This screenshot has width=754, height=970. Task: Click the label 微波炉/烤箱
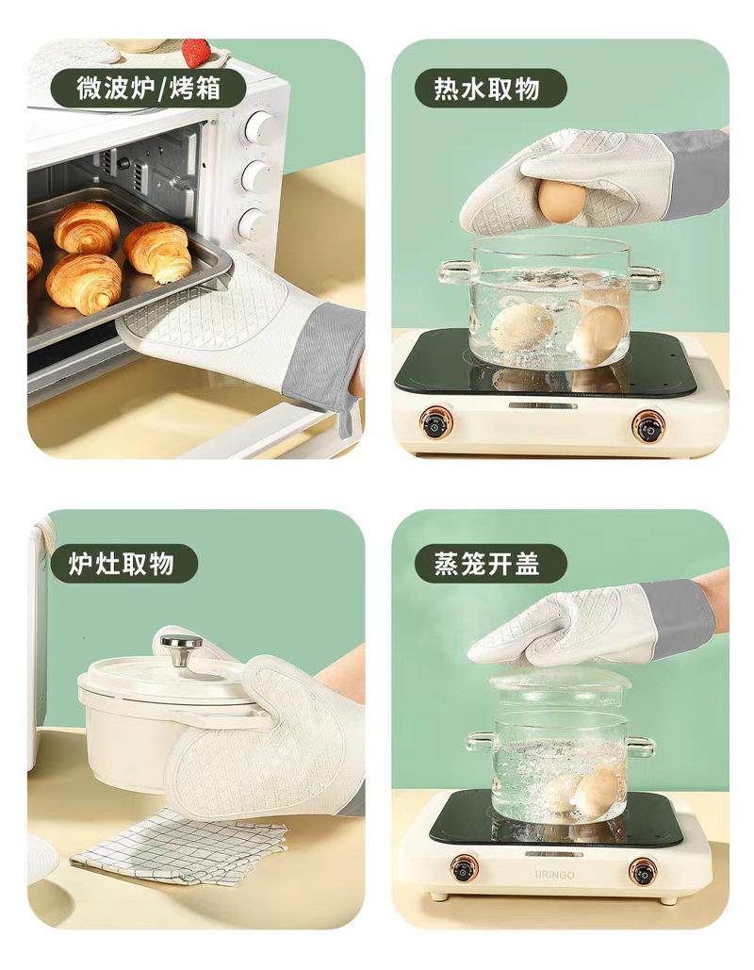pyautogui.click(x=149, y=88)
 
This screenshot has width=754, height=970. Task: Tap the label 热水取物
pyautogui.click(x=486, y=88)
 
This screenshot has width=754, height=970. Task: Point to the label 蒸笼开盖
pyautogui.click(x=486, y=563)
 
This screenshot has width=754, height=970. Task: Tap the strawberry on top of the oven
pyautogui.click(x=197, y=52)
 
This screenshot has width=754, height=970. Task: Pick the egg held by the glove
pyautogui.click(x=562, y=201)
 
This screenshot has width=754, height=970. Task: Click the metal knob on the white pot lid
pyautogui.click(x=181, y=649)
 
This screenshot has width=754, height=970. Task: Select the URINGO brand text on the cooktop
pyautogui.click(x=554, y=875)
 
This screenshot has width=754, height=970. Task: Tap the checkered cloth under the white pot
pyautogui.click(x=179, y=847)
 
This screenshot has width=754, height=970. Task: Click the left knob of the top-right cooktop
pyautogui.click(x=436, y=426)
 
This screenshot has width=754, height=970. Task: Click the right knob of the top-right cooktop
pyautogui.click(x=648, y=427)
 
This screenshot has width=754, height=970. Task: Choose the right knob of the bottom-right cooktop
pyautogui.click(x=643, y=871)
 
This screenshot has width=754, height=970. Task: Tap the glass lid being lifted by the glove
pyautogui.click(x=561, y=682)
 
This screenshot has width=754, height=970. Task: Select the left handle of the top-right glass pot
pyautogui.click(x=453, y=272)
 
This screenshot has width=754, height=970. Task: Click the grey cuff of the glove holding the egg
pyautogui.click(x=696, y=175)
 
